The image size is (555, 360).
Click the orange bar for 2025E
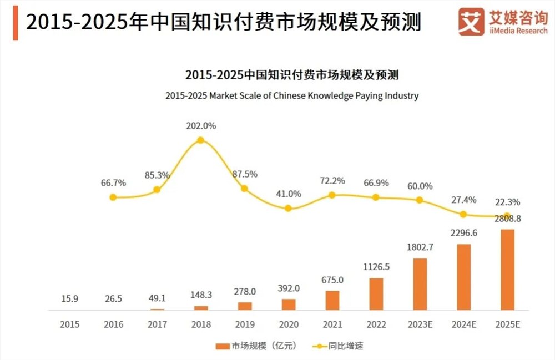(x=507, y=269)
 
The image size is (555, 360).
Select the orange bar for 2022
(x=376, y=293)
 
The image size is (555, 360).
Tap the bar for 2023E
(x=420, y=283)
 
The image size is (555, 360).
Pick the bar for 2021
(x=332, y=300)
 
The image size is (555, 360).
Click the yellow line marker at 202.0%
(x=200, y=140)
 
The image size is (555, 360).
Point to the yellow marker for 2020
(x=288, y=209)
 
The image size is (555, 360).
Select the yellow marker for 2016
(x=113, y=197)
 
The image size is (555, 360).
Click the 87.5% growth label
(x=244, y=174)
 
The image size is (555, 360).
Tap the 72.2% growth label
(x=332, y=180)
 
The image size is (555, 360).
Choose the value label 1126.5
(x=376, y=266)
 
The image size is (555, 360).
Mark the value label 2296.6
(x=463, y=233)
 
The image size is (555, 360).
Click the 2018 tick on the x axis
(x=200, y=324)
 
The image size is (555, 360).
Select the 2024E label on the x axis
(x=463, y=324)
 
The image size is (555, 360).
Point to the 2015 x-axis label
(x=69, y=324)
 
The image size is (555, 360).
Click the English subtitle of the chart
(x=292, y=95)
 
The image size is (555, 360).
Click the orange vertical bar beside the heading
(x=15, y=22)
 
